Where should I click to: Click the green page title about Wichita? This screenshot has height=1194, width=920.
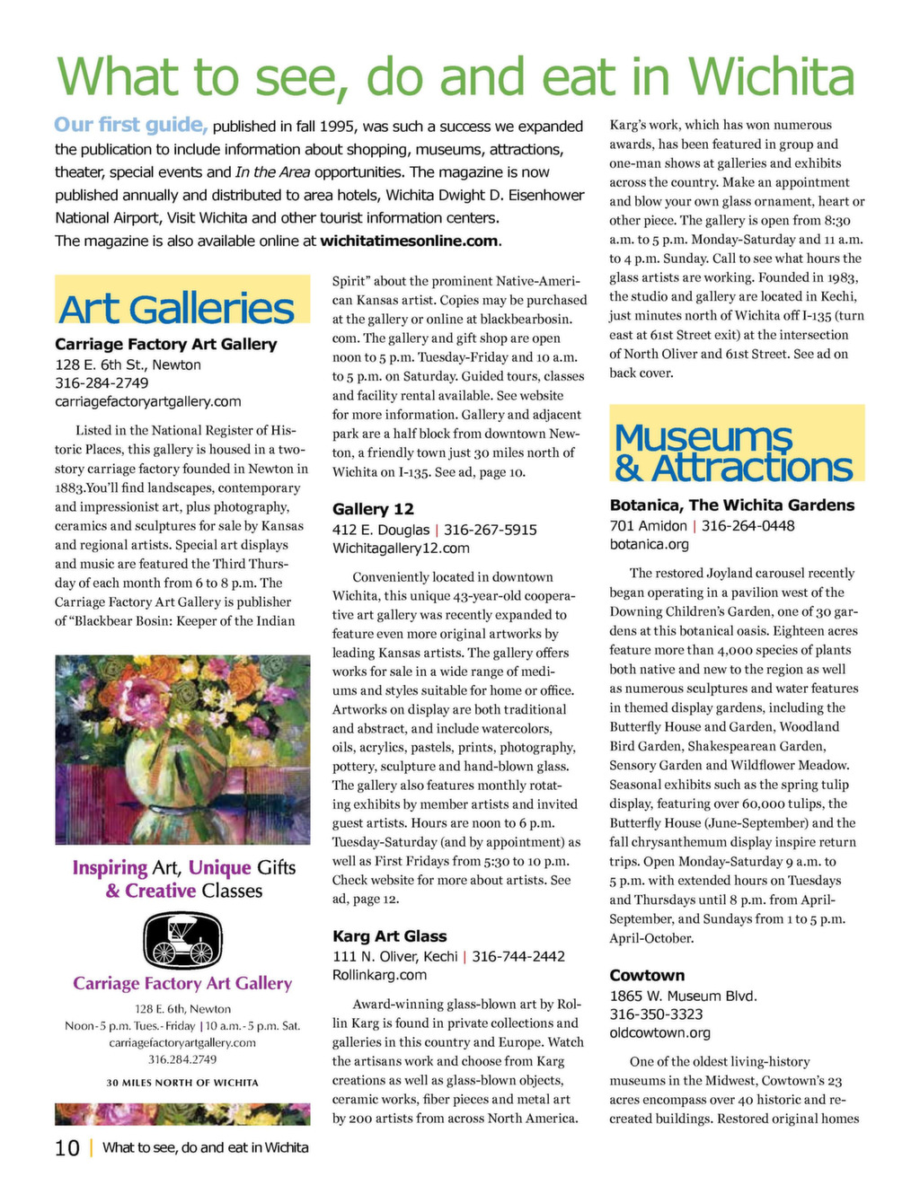click(455, 76)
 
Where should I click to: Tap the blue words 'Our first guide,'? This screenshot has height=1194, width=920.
click(131, 125)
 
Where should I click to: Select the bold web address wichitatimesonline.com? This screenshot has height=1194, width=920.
click(409, 241)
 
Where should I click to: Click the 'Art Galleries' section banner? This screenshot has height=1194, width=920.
click(177, 308)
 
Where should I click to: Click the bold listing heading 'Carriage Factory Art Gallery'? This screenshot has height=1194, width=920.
click(166, 344)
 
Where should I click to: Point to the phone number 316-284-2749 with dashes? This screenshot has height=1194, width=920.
click(102, 383)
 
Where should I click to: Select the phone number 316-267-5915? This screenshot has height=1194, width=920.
click(491, 530)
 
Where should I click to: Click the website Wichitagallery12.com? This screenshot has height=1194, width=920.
click(401, 549)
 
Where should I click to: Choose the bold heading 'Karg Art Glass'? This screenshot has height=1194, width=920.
click(389, 936)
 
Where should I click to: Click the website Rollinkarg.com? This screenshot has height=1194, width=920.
click(379, 975)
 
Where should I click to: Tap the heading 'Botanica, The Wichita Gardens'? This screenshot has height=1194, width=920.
click(732, 505)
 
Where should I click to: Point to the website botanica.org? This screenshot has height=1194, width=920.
click(650, 544)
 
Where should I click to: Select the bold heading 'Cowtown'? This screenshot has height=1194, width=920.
click(647, 976)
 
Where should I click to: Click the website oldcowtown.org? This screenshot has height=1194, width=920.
click(660, 1033)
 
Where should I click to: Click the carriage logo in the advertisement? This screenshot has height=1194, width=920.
click(182, 940)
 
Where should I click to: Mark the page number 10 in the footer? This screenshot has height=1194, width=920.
click(67, 1148)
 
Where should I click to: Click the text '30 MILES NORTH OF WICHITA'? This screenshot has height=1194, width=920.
click(182, 1083)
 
